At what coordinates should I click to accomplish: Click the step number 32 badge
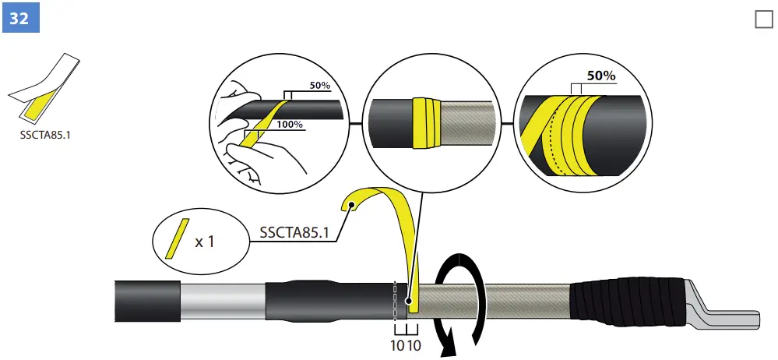(x=19, y=17)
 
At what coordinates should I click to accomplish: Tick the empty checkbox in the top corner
(x=763, y=20)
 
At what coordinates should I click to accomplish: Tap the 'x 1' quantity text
(x=204, y=242)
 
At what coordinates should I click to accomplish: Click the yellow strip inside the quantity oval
(x=178, y=238)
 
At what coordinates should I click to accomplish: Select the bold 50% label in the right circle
(x=600, y=76)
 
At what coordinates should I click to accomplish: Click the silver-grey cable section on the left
(x=223, y=301)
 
